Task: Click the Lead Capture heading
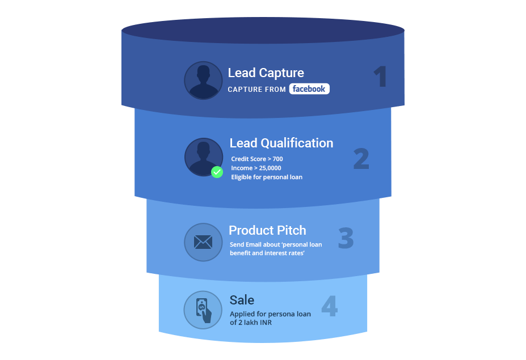click(x=266, y=73)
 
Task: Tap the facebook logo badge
click(x=309, y=89)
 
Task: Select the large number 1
click(x=380, y=78)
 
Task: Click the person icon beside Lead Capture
click(x=203, y=81)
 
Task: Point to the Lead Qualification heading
click(x=281, y=143)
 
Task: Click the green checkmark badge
click(x=217, y=172)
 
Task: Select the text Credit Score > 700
click(x=256, y=159)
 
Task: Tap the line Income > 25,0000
click(x=256, y=168)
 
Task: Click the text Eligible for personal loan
click(x=266, y=177)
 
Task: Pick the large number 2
click(x=361, y=159)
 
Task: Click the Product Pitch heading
click(x=267, y=231)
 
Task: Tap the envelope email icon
click(x=203, y=243)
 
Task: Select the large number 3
click(x=346, y=239)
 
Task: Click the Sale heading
click(x=242, y=300)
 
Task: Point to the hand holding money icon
click(x=203, y=310)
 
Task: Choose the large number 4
click(x=329, y=307)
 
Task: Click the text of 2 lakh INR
click(x=251, y=323)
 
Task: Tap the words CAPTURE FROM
click(x=256, y=90)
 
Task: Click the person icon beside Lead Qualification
click(x=202, y=156)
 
